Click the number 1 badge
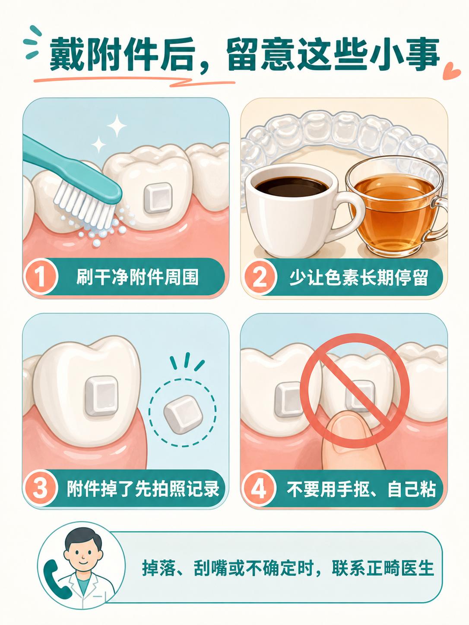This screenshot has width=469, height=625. pos(41,276)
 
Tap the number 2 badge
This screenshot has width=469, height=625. pos(260,277)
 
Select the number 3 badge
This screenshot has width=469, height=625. pos(40,488)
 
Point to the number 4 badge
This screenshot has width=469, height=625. pos(259,488)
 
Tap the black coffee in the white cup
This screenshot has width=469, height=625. pos(292,186)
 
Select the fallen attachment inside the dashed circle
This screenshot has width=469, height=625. pos(183,414)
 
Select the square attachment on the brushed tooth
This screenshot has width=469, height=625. pos(158,198)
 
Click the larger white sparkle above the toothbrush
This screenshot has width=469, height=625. pos(117,126)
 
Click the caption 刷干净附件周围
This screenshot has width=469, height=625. pos(137,277)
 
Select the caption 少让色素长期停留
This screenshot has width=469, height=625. pos(359,277)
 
